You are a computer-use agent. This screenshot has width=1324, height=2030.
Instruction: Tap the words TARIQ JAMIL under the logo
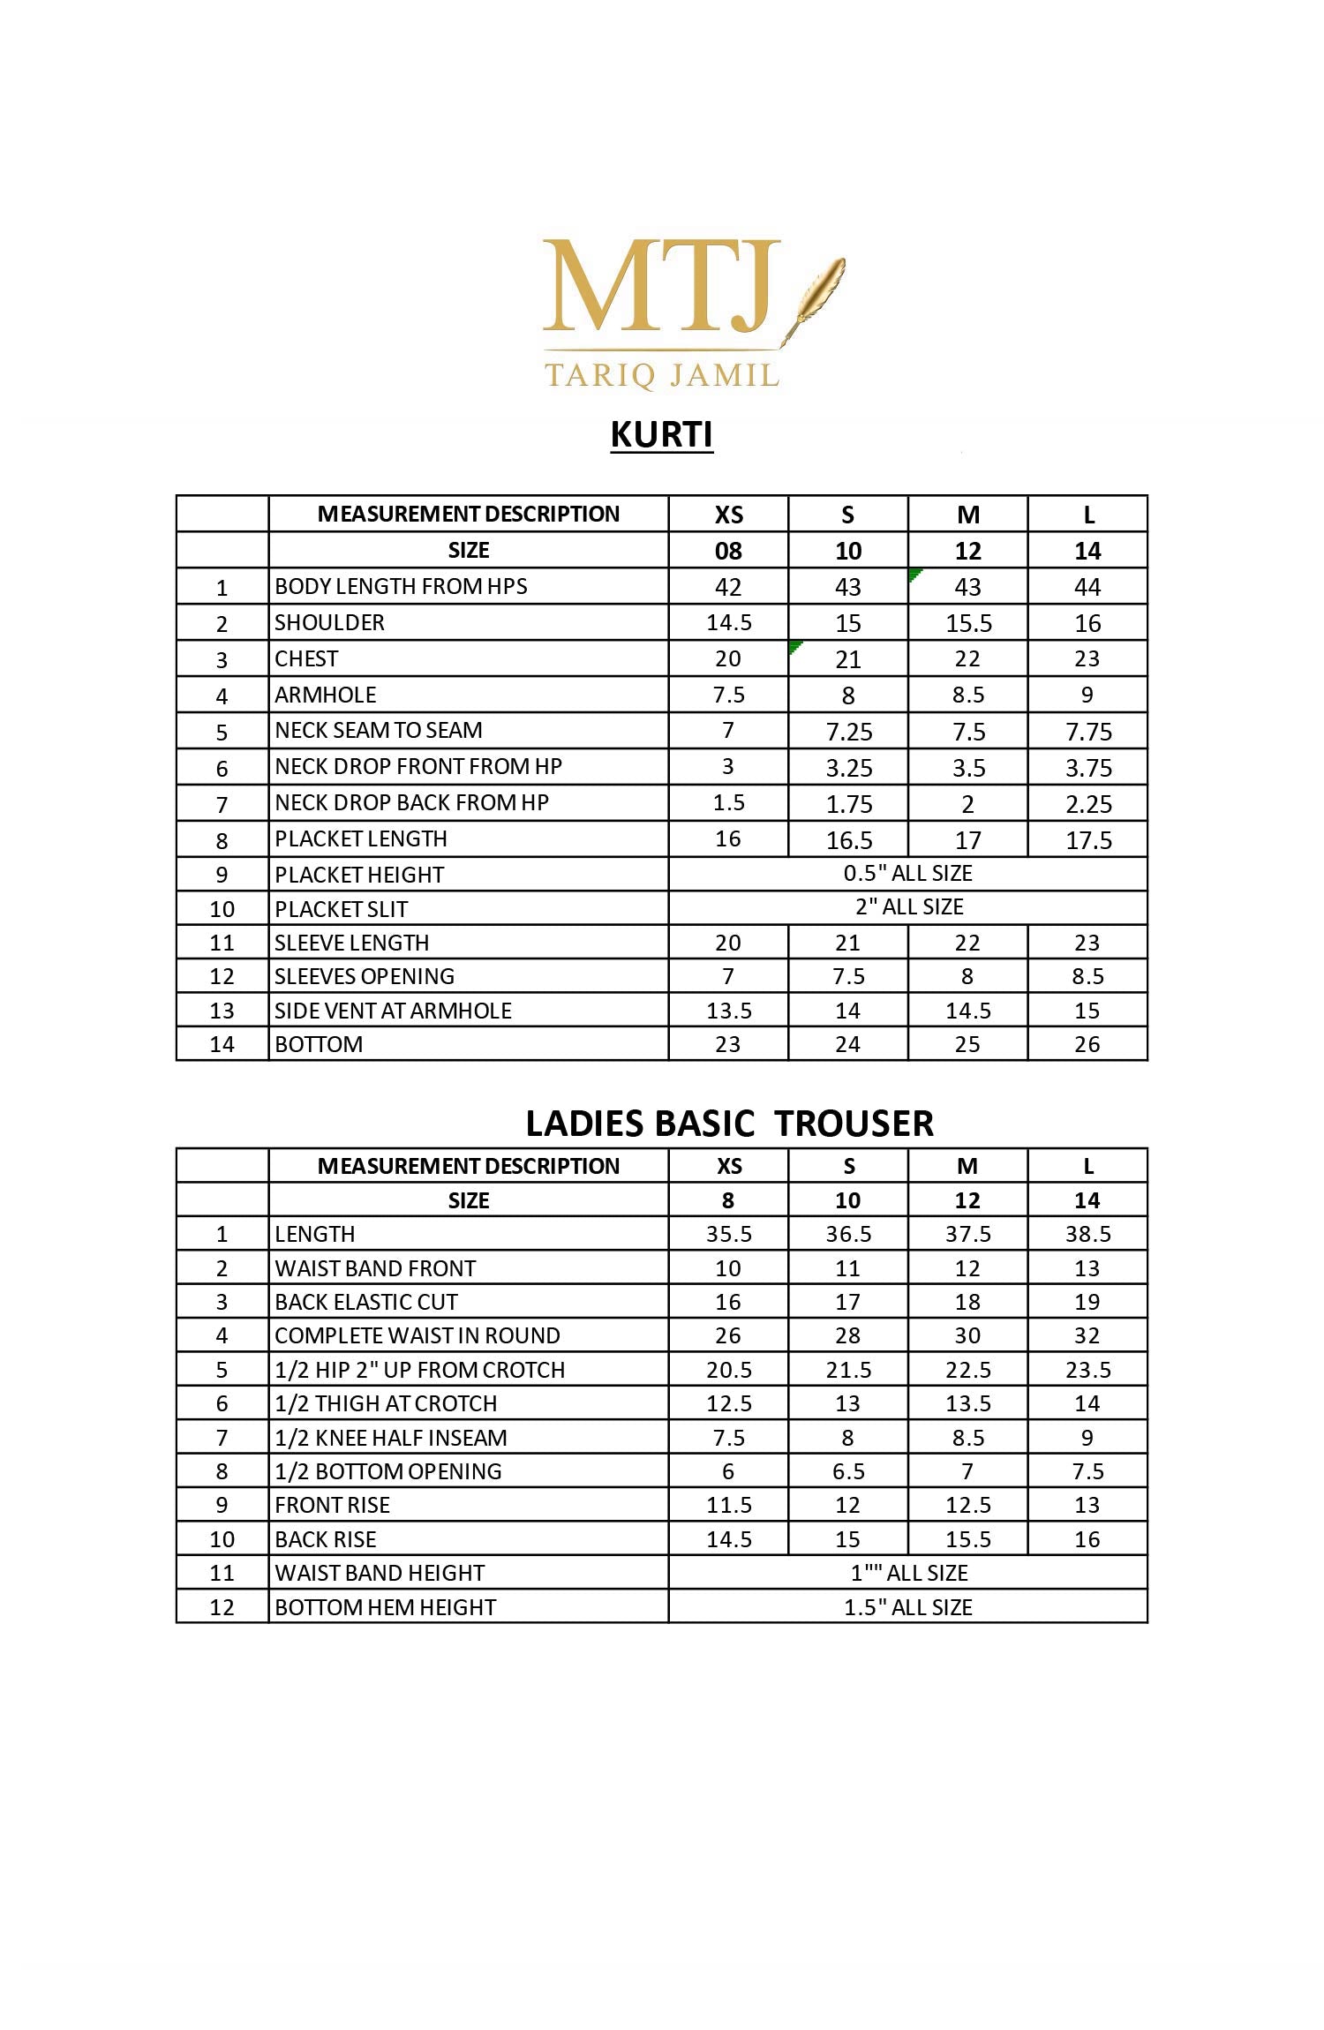tap(662, 375)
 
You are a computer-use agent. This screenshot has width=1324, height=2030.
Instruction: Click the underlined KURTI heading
tap(662, 435)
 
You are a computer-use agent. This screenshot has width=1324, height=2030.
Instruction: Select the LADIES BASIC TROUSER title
tap(729, 1124)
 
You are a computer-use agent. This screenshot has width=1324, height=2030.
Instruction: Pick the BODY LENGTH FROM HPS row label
tap(401, 587)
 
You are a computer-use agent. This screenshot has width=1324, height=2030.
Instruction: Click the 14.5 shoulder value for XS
tap(729, 623)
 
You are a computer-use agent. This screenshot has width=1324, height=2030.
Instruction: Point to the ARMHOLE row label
tap(326, 695)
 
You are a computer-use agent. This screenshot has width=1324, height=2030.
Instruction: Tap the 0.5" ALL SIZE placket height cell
tap(907, 874)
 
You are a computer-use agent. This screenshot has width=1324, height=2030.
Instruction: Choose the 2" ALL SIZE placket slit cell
tap(909, 907)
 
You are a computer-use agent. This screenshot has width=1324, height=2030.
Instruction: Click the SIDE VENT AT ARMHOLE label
tap(393, 1011)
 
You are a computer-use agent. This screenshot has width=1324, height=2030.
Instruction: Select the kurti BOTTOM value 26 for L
tap(1087, 1045)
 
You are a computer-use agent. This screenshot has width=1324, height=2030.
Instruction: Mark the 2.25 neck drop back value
tap(1088, 804)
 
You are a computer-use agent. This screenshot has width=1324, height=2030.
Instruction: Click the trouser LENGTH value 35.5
tap(729, 1234)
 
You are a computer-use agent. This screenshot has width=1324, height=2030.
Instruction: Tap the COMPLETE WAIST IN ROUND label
tap(418, 1335)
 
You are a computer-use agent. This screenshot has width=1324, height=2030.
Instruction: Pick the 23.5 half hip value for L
tap(1088, 1370)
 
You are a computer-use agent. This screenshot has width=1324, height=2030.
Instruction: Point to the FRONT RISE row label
tap(333, 1505)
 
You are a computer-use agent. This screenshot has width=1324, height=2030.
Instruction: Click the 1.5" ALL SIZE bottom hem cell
tap(907, 1607)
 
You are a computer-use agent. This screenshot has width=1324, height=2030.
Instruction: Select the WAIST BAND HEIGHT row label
tap(380, 1573)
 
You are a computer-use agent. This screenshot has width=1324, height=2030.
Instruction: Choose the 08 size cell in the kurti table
tap(728, 552)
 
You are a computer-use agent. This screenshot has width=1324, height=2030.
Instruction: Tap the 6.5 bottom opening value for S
tap(848, 1471)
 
